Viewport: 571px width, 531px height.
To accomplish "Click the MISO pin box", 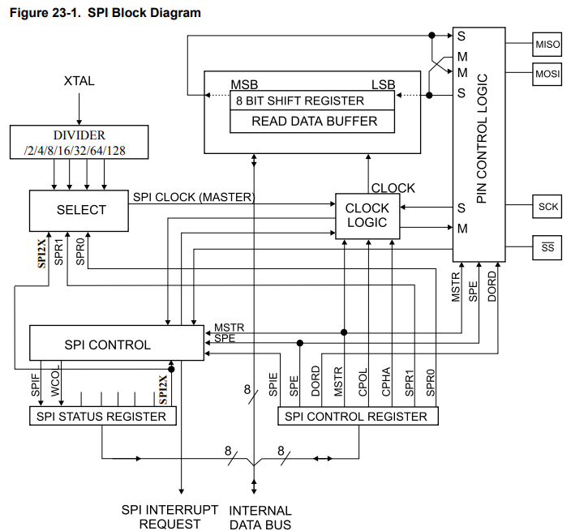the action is click(547, 45).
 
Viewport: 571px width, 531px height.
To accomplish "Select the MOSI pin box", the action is click(547, 74).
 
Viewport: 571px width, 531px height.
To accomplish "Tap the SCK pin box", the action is click(547, 207).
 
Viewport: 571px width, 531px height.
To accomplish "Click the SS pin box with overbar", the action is click(547, 247).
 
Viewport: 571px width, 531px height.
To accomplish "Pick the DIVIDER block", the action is click(79, 143).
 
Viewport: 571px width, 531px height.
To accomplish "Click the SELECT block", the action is click(79, 210).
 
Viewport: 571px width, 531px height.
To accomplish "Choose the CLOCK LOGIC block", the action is click(367, 216).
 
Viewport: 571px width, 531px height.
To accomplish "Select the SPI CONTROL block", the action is click(117, 343).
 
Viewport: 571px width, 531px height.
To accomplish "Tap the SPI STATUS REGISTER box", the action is click(103, 416).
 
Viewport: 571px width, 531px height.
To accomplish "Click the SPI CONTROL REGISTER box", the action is click(358, 416).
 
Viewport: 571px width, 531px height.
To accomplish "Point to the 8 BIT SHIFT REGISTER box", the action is click(312, 101).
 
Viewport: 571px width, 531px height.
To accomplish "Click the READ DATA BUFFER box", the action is click(312, 121).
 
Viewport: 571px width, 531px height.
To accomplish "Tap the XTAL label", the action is click(79, 81).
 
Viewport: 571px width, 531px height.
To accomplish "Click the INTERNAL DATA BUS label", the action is click(260, 517).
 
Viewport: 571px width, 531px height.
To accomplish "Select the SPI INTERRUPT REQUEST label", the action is click(170, 516).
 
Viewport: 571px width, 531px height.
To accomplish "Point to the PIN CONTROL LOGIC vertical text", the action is click(482, 139).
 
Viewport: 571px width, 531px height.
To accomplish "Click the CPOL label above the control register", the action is click(363, 383).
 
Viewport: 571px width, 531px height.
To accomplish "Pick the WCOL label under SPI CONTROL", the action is click(55, 383).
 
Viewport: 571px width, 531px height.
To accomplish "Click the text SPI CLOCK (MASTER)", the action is click(194, 197).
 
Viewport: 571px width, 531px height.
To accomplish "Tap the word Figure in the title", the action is click(28, 13).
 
